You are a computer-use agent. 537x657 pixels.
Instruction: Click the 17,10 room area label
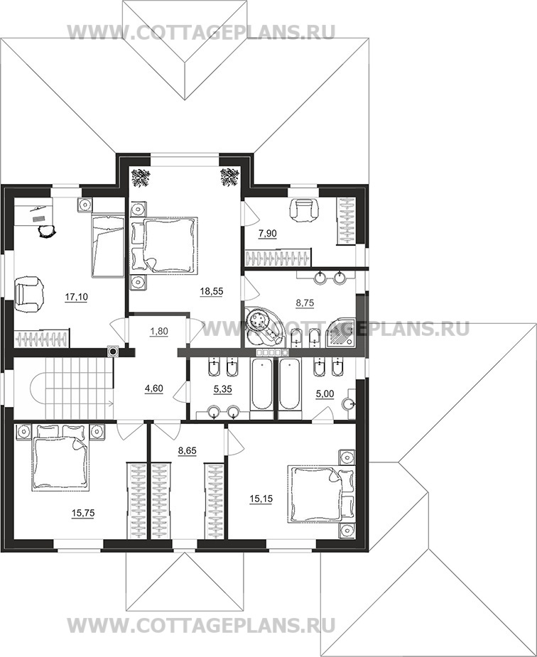[76, 297]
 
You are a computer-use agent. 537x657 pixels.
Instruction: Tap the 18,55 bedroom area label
[212, 291]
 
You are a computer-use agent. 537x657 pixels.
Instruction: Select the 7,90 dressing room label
[267, 234]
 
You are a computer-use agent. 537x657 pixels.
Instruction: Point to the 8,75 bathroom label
[305, 303]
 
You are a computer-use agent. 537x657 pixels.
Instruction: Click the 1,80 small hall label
[158, 332]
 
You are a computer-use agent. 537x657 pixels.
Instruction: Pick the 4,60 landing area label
[153, 389]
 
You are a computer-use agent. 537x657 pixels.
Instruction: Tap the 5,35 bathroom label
[222, 389]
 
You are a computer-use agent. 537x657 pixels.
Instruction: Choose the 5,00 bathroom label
[325, 394]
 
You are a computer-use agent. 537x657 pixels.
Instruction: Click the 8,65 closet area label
[188, 451]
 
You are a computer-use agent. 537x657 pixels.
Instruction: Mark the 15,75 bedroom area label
[83, 513]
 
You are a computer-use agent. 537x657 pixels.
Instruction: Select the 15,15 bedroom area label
[261, 499]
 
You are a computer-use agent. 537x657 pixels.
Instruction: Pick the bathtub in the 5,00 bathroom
[290, 385]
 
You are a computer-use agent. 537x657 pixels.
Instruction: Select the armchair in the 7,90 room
[305, 208]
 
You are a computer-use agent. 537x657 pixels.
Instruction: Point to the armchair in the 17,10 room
[28, 294]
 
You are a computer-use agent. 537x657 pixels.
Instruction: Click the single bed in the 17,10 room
[108, 245]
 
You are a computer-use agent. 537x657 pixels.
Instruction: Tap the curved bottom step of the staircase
[38, 388]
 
